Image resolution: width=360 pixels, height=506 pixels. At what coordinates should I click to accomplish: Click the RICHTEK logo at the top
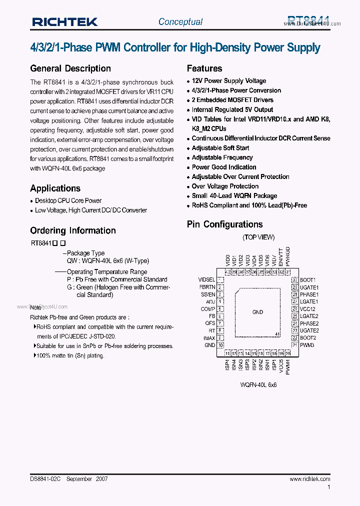click(64, 21)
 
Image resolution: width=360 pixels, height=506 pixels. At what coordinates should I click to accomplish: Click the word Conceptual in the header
click(180, 21)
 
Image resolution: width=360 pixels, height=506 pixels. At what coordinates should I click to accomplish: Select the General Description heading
click(70, 68)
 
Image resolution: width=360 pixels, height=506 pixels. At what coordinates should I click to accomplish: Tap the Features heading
click(204, 68)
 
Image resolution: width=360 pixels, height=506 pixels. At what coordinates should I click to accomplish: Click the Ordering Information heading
click(73, 230)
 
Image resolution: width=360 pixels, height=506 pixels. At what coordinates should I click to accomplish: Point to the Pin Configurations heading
click(224, 224)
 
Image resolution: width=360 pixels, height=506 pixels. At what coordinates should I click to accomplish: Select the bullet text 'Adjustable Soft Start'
click(220, 148)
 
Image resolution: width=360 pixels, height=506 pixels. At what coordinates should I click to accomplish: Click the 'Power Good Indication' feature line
click(224, 167)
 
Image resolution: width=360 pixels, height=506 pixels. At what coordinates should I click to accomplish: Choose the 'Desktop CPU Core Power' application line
click(68, 200)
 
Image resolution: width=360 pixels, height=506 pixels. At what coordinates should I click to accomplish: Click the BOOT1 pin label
click(308, 280)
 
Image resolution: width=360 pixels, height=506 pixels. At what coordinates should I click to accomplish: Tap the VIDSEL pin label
click(206, 280)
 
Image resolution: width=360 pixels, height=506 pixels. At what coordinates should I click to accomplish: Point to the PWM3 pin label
click(307, 345)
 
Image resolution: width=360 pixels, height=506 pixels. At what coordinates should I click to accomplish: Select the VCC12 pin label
click(308, 309)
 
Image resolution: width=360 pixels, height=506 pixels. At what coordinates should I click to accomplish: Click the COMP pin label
click(208, 309)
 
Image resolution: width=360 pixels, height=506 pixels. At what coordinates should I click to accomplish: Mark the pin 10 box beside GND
click(220, 345)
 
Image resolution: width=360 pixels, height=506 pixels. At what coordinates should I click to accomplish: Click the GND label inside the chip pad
click(257, 312)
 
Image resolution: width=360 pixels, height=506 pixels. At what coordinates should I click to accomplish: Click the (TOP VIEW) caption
click(258, 237)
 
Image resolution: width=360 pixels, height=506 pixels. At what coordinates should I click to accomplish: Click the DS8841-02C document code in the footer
click(45, 478)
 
